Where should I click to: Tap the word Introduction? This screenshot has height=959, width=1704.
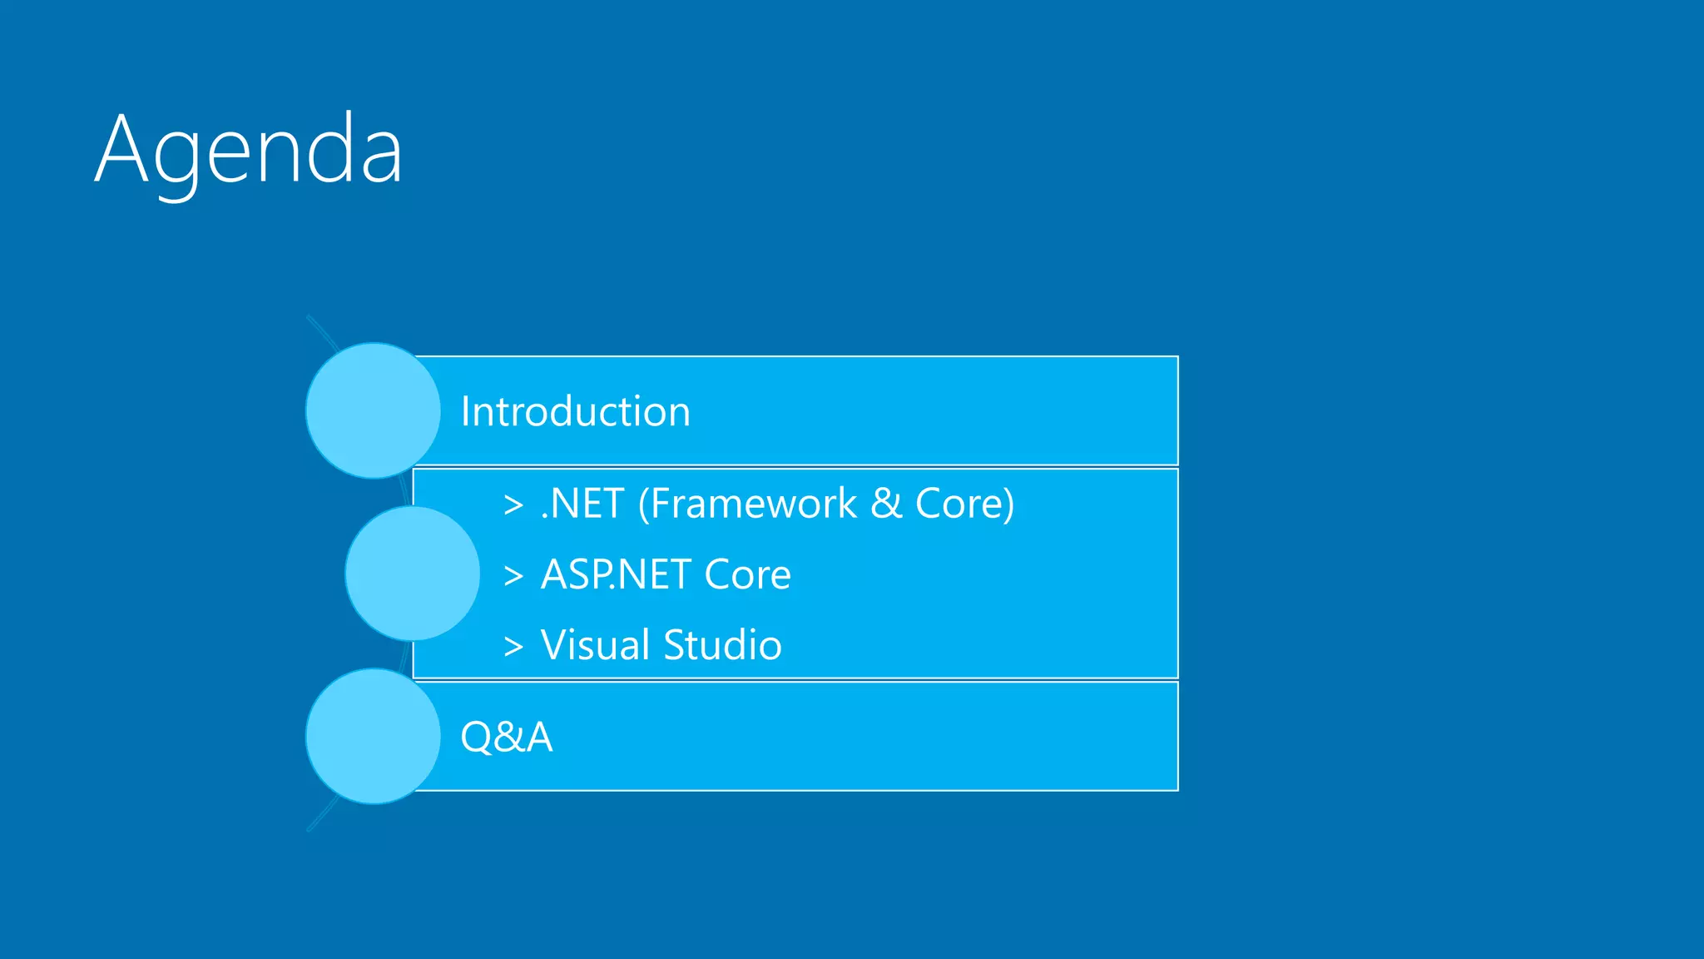[575, 411]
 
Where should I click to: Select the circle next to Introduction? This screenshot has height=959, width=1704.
[373, 410]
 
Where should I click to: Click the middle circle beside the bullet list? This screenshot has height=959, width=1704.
[412, 574]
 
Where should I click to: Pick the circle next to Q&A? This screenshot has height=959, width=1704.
[373, 736]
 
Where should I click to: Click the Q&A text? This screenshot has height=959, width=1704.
[506, 737]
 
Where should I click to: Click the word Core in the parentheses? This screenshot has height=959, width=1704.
[958, 504]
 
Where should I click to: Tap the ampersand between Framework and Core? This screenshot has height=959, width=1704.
[886, 504]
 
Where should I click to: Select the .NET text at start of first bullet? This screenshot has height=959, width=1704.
[582, 504]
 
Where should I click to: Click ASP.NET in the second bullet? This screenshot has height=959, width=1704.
[616, 574]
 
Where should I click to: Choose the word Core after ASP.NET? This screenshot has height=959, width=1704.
[747, 574]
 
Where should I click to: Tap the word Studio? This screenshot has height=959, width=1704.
[722, 645]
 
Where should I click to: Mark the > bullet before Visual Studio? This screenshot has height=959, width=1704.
[513, 646]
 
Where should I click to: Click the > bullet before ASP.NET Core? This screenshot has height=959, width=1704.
[513, 575]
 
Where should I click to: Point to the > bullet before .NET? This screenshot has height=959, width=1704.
[513, 504]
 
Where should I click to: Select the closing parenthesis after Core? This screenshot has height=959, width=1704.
[1008, 504]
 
